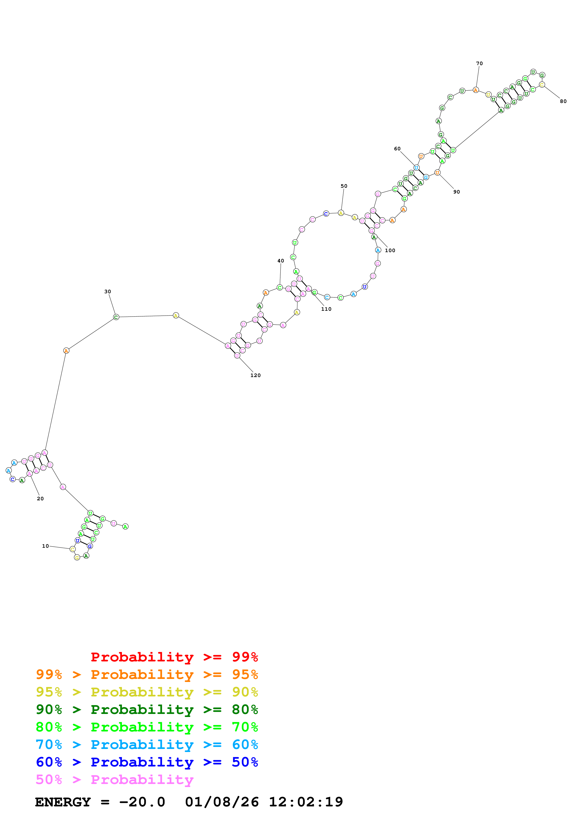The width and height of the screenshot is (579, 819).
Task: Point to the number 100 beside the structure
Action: [x=390, y=251]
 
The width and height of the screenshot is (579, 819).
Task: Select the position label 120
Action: [x=256, y=375]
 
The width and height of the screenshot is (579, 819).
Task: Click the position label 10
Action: [x=45, y=546]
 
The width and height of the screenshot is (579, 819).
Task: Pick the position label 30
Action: [x=107, y=291]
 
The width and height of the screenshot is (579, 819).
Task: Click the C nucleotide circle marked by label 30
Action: [x=116, y=317]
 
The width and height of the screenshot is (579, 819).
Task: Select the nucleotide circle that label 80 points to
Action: [x=542, y=85]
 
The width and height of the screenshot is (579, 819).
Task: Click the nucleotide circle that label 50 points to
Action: [x=341, y=213]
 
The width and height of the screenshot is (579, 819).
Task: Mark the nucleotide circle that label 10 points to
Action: [x=72, y=549]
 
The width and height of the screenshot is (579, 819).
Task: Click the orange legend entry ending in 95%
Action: [x=147, y=674]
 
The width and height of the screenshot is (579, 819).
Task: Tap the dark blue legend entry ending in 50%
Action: [x=147, y=762]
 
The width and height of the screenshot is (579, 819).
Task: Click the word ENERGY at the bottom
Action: [x=63, y=802]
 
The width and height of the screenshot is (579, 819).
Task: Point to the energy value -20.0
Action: [x=142, y=802]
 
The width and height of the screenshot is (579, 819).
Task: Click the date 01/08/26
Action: [x=222, y=802]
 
